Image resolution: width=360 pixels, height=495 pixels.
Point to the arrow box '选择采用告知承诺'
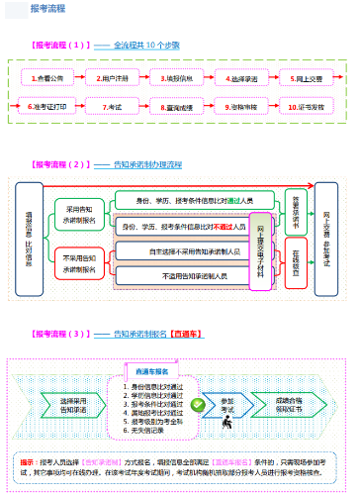coord(74,404)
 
